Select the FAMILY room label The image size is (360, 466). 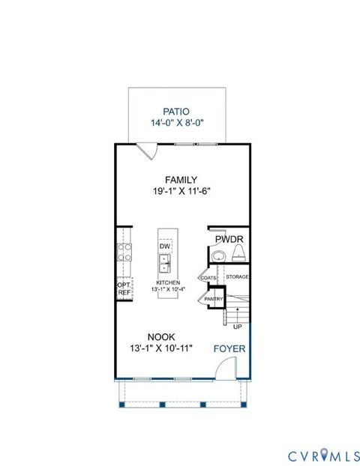click(x=181, y=179)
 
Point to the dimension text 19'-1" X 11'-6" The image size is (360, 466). click(x=181, y=191)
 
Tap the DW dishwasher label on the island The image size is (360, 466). click(x=163, y=245)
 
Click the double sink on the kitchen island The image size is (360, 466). click(x=165, y=264)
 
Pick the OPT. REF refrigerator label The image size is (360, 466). click(x=124, y=288)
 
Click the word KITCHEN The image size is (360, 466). click(x=168, y=282)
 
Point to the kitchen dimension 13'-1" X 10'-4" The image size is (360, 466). click(x=168, y=289)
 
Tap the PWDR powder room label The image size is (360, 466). click(x=229, y=240)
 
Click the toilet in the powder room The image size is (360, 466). click(x=238, y=256)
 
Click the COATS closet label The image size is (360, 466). click(x=208, y=277)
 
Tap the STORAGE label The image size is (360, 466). click(x=238, y=277)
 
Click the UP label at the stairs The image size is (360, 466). click(x=238, y=327)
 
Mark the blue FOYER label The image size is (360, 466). click(x=229, y=348)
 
